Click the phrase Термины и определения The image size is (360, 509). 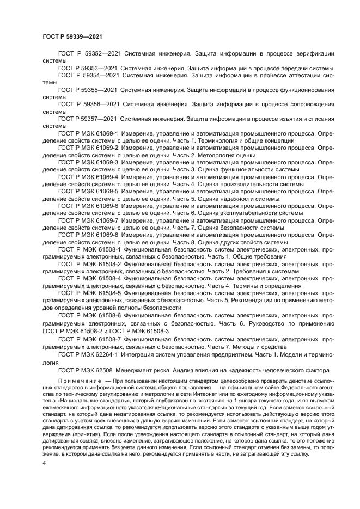tap(264, 286)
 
